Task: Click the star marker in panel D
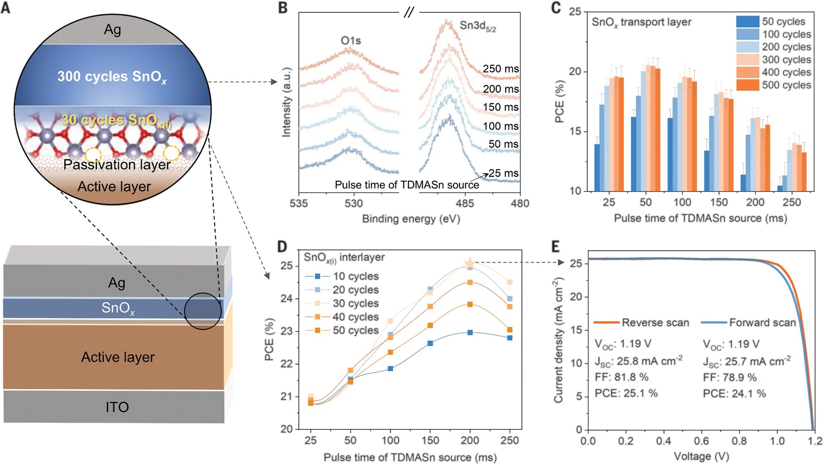click(x=469, y=263)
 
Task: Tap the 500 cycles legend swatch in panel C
click(x=747, y=85)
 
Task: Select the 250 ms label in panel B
click(x=501, y=69)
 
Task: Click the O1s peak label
click(x=351, y=40)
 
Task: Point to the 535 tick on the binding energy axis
click(x=299, y=203)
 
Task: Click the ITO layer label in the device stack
click(x=117, y=407)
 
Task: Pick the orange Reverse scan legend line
click(x=606, y=322)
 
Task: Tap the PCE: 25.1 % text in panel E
click(x=626, y=393)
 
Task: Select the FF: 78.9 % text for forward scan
click(x=730, y=377)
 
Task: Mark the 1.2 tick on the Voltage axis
click(x=815, y=441)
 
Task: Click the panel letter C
click(x=556, y=7)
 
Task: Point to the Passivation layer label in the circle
click(x=117, y=164)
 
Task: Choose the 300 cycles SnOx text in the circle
click(x=112, y=76)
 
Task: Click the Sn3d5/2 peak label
click(x=478, y=26)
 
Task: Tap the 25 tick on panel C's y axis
click(x=575, y=12)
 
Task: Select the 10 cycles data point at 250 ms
click(x=509, y=338)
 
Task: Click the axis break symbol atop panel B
click(x=409, y=13)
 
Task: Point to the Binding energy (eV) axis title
click(x=411, y=218)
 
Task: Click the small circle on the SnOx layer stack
click(x=203, y=311)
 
